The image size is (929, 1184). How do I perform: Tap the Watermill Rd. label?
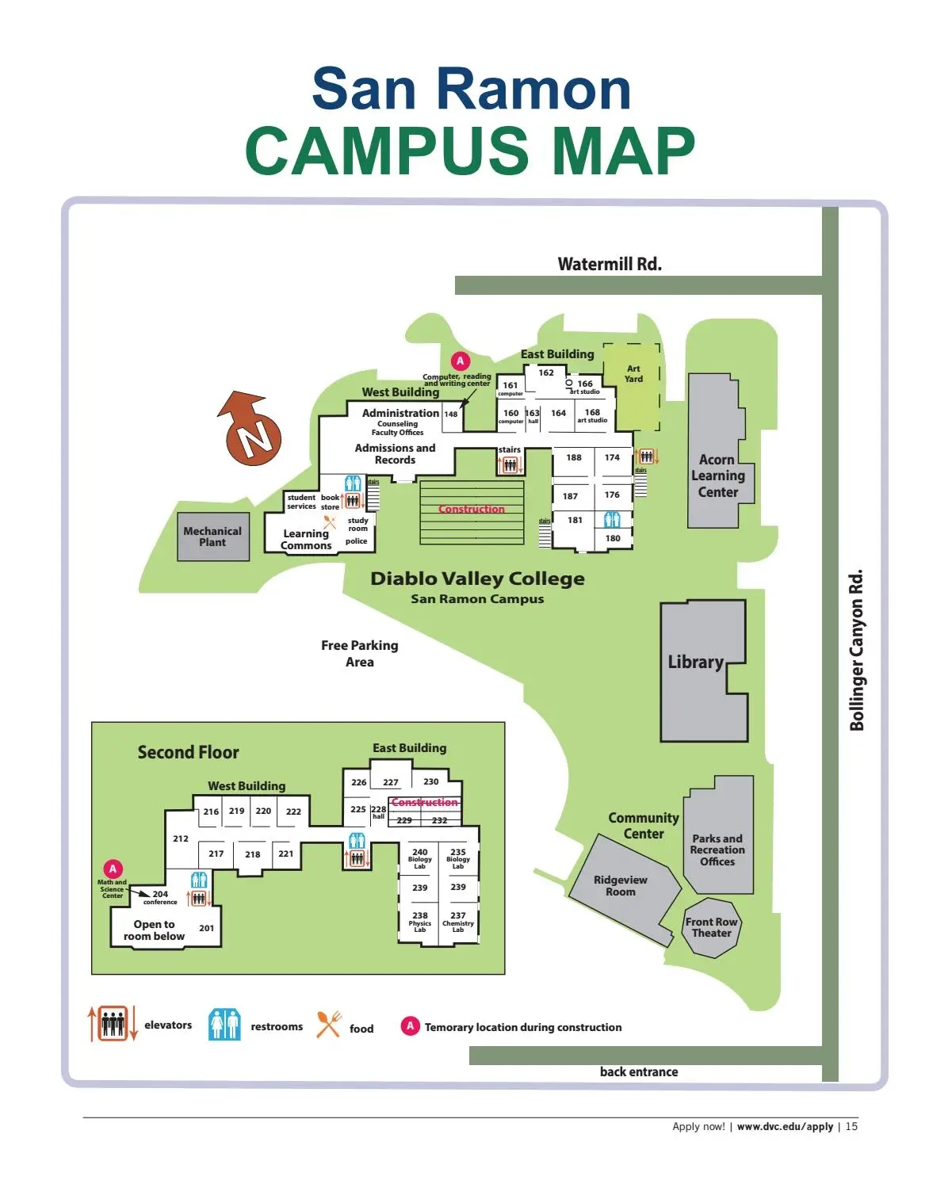coord(609,264)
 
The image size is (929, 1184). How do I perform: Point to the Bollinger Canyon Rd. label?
coord(856,650)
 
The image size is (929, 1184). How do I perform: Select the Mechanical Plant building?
coord(212,537)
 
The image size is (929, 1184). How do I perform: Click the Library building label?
coord(695,663)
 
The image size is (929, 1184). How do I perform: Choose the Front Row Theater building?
coord(711,927)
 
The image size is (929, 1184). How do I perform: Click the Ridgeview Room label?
coord(621,886)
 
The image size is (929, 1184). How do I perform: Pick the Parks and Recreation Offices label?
coord(717,850)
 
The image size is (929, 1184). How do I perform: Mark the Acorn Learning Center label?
coord(717,476)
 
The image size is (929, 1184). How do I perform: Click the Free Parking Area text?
coord(360,654)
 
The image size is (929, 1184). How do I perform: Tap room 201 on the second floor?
coord(206,928)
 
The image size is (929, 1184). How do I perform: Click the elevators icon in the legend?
coord(113,1024)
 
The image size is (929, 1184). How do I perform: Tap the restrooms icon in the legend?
coord(224,1025)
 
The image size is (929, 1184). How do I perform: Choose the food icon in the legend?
coord(328,1025)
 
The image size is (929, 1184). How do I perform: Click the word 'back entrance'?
coord(639,1072)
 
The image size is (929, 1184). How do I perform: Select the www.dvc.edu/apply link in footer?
coord(785,1126)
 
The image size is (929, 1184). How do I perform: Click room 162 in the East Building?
coord(546,372)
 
